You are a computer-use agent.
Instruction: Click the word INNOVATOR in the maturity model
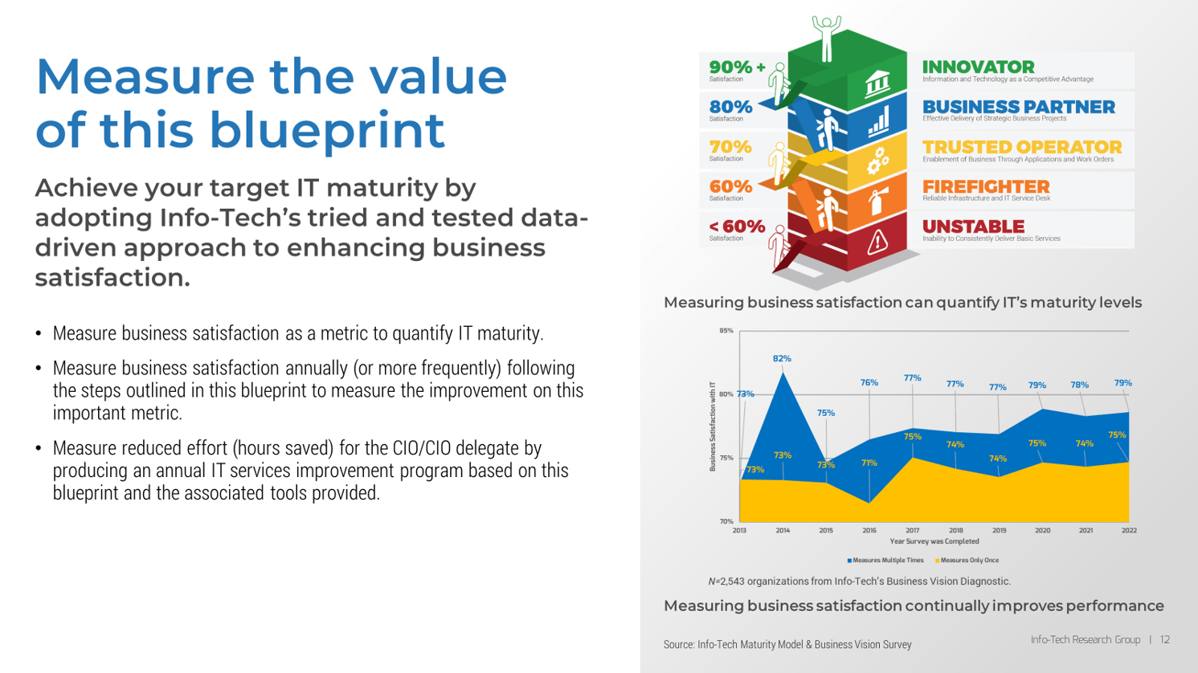pos(978,67)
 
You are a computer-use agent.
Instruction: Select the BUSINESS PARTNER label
pos(1018,107)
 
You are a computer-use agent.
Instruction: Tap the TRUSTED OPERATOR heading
pos(1021,147)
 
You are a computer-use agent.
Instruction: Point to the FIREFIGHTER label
pos(985,186)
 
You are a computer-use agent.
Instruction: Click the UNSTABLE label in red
pos(973,226)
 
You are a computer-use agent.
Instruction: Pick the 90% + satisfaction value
pos(737,67)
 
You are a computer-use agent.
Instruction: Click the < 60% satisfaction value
pos(737,226)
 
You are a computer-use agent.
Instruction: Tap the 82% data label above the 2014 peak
pos(782,359)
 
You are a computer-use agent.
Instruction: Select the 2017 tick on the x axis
pos(912,531)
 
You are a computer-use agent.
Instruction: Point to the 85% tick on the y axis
pos(726,331)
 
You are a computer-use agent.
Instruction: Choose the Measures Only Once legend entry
pos(968,561)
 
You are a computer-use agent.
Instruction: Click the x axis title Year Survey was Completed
pos(934,542)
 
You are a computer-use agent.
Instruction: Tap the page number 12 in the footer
pos(1165,640)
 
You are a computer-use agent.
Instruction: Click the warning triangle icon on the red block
pos(877,241)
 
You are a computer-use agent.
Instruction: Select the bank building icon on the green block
pos(877,84)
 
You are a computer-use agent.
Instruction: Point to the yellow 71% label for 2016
pos(869,463)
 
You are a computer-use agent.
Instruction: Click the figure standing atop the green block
pos(826,36)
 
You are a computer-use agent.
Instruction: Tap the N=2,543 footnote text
pos(859,581)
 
